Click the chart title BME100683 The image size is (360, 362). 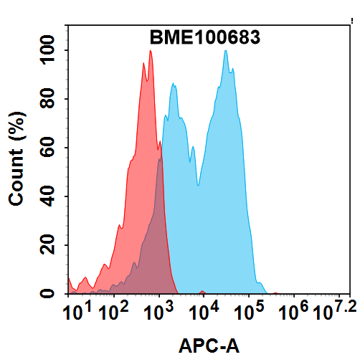[204, 37]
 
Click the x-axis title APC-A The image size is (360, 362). [209, 347]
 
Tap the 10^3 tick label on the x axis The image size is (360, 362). [159, 312]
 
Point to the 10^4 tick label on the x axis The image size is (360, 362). [204, 312]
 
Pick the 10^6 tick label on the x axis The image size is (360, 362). [293, 312]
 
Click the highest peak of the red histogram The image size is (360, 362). [150, 51]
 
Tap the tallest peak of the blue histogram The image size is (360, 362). [226, 51]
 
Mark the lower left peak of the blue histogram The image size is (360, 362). [173, 85]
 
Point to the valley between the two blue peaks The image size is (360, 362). [199, 184]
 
